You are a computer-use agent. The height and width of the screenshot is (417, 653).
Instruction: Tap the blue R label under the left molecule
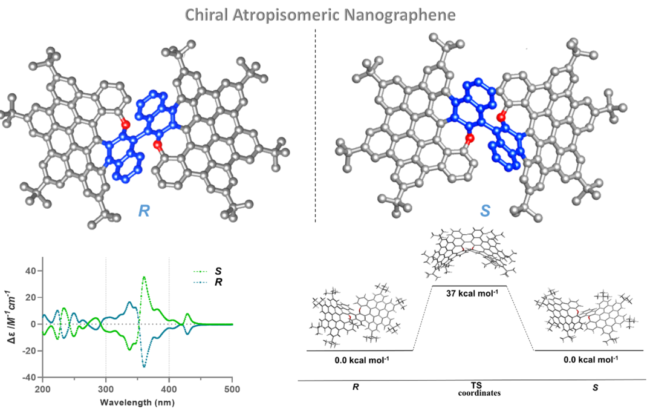coord(144,211)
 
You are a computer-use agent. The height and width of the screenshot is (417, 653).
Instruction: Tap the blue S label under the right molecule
coord(485,211)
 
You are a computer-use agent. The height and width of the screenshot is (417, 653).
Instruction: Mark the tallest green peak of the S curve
coord(144,277)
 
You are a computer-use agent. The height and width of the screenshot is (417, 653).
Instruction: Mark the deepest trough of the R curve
coord(144,366)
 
